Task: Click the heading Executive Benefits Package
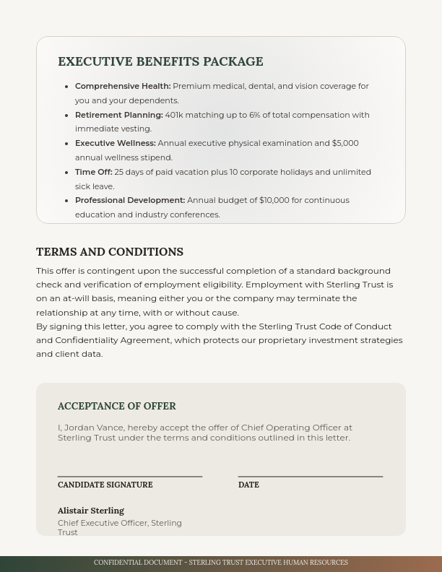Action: click(x=160, y=62)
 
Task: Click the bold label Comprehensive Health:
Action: click(x=123, y=86)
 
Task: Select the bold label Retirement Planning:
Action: click(x=119, y=115)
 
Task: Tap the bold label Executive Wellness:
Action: click(x=116, y=143)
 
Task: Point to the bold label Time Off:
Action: click(x=94, y=172)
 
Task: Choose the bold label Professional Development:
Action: click(x=130, y=200)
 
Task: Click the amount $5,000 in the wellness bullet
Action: click(x=345, y=143)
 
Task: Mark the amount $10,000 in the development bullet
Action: click(x=274, y=200)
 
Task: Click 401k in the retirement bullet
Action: click(x=174, y=115)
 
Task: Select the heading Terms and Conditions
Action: click(x=110, y=252)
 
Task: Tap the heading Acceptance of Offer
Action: click(x=117, y=407)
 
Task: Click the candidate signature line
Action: click(x=130, y=476)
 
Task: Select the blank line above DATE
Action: click(x=311, y=476)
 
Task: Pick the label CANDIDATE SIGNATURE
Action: click(x=105, y=485)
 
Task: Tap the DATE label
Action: click(x=248, y=485)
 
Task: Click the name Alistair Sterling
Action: click(x=91, y=511)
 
